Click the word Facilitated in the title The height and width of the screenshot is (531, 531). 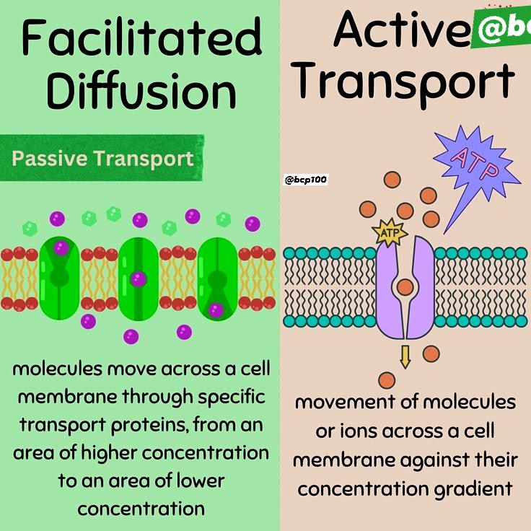click(x=142, y=37)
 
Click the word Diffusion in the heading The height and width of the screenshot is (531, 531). click(x=141, y=89)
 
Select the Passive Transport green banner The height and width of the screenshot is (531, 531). click(x=102, y=158)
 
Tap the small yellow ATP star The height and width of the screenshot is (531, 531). click(x=390, y=232)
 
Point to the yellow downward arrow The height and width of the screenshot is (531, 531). click(x=405, y=357)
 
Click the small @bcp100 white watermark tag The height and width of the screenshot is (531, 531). click(x=305, y=180)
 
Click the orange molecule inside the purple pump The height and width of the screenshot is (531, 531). click(x=405, y=287)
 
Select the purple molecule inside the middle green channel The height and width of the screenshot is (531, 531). click(x=139, y=279)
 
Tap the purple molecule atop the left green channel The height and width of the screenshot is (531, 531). click(x=61, y=248)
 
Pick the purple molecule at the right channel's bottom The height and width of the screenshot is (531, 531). click(x=216, y=310)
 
